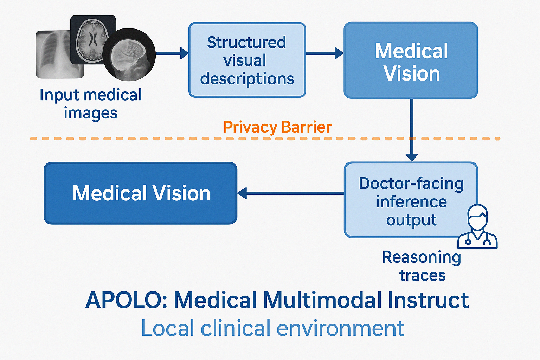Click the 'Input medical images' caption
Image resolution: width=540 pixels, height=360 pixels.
91,104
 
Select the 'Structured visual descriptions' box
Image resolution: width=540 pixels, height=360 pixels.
247,60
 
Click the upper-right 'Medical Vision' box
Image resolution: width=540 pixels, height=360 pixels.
411,60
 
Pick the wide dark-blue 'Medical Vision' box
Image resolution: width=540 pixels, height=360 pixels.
141,193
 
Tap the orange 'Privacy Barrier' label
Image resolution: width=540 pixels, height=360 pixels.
277,127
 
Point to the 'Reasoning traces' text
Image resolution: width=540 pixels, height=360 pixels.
422,266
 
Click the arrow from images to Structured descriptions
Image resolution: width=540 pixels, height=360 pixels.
172,53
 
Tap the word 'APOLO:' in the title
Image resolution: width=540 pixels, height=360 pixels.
127,301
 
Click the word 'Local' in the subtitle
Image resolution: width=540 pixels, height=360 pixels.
168,328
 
